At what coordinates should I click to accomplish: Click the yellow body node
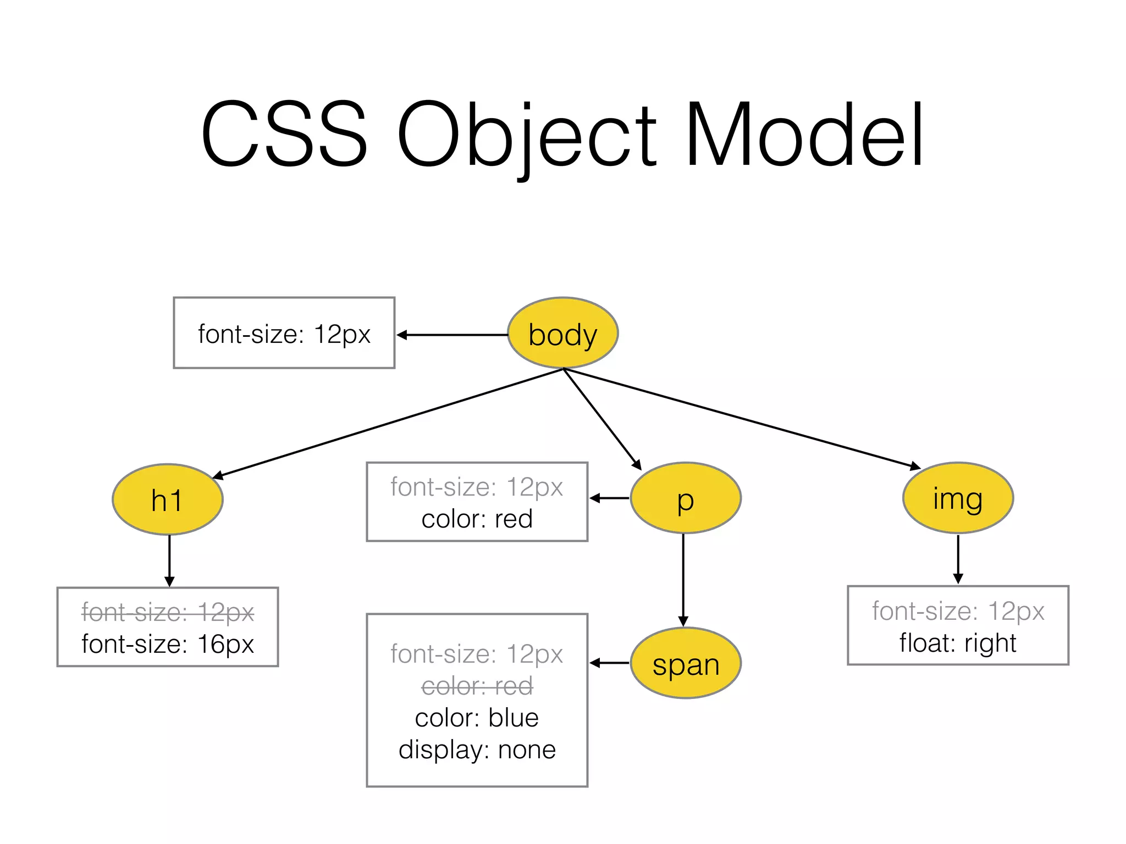562,333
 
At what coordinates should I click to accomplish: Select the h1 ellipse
168,499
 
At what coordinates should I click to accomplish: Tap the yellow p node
686,498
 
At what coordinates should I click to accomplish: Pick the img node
958,498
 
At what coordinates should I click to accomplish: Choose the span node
686,663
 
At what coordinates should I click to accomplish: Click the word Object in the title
526,135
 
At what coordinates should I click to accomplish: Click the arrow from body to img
742,419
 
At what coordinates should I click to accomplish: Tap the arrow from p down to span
683,580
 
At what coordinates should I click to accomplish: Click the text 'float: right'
958,643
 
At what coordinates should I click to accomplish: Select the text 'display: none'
477,749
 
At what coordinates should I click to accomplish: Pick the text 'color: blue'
477,718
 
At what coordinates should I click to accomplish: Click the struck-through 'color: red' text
477,686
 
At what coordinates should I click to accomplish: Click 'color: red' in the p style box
477,519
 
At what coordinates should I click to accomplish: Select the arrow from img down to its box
958,559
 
